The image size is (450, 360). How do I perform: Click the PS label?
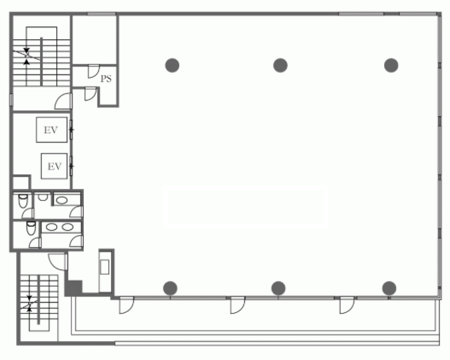[x=106, y=79]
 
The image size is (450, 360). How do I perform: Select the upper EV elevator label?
[x=50, y=130]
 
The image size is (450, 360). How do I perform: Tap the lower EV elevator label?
[x=54, y=166]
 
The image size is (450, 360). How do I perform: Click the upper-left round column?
[x=172, y=65]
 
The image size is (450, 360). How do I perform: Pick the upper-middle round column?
[x=280, y=65]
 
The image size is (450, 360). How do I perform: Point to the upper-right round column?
[x=391, y=65]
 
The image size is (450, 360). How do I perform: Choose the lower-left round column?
[x=170, y=288]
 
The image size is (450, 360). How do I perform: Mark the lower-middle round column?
[x=278, y=288]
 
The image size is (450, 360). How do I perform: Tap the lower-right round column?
[x=389, y=288]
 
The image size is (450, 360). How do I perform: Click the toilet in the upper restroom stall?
[x=23, y=201]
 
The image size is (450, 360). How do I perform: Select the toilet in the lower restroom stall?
[x=31, y=228]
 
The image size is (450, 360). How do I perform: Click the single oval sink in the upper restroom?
[x=62, y=200]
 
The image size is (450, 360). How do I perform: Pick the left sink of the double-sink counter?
[x=51, y=227]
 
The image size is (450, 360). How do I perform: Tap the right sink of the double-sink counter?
[x=67, y=227]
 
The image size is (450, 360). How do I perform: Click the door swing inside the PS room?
[x=94, y=71]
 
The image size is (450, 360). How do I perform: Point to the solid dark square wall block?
[x=73, y=288]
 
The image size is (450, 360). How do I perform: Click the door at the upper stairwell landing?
[x=63, y=101]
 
